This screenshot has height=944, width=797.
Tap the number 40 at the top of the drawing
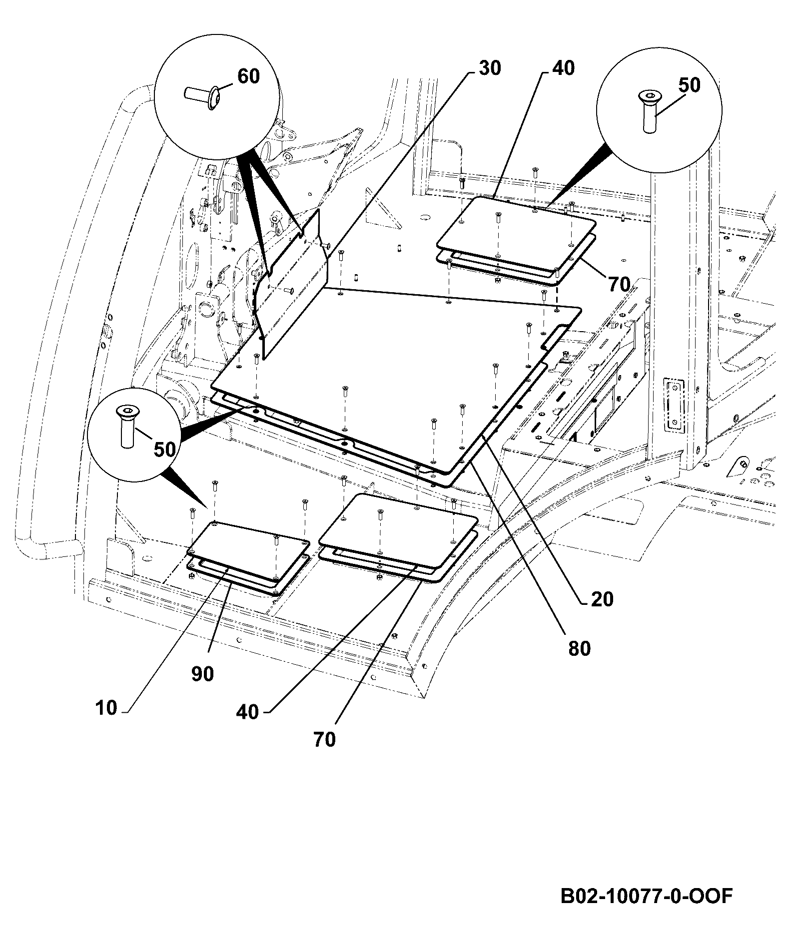tap(563, 68)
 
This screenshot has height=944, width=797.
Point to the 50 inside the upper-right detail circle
tap(689, 85)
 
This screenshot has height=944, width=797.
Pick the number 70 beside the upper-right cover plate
tap(619, 284)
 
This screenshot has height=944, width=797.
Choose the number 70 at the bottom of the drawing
tap(324, 740)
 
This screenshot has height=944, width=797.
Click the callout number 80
tap(579, 649)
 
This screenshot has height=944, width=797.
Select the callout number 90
tap(202, 674)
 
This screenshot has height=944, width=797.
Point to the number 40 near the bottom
tap(247, 711)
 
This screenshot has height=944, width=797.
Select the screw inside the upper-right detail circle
tap(649, 111)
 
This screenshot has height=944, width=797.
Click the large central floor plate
tap(395, 370)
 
